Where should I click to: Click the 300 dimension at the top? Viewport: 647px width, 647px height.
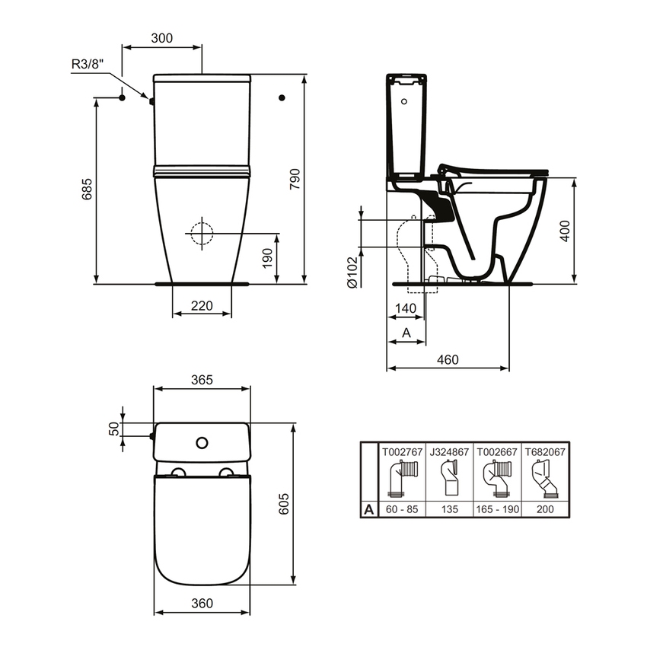(x=161, y=37)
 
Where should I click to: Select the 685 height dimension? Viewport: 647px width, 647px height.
(x=86, y=189)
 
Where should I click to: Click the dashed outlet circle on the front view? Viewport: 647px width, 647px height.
(x=202, y=233)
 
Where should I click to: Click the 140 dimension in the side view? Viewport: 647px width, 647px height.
(x=404, y=307)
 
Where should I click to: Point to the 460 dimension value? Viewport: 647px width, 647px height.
(x=447, y=359)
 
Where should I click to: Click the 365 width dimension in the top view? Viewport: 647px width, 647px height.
(x=202, y=379)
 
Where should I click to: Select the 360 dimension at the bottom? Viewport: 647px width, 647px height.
(x=202, y=604)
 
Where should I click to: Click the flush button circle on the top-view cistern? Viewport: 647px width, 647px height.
(x=202, y=441)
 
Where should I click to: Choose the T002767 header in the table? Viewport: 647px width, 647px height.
(x=401, y=451)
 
